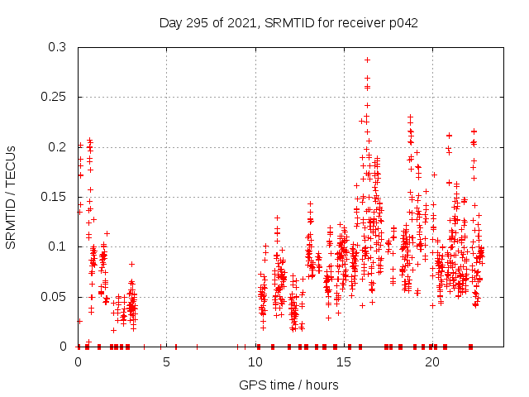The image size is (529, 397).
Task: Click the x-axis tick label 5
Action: click(166, 362)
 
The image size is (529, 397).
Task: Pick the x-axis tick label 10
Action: click(255, 362)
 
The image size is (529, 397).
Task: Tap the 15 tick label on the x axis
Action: click(343, 362)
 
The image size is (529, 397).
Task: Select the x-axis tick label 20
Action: click(431, 362)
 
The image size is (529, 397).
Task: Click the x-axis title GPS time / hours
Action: click(288, 385)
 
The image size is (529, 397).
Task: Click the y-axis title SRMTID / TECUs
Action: click(11, 197)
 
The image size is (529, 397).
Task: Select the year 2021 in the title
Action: click(242, 23)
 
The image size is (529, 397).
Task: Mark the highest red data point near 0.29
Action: click(367, 60)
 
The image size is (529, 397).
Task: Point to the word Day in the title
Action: click(170, 23)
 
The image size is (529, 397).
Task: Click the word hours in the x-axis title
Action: click(322, 385)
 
